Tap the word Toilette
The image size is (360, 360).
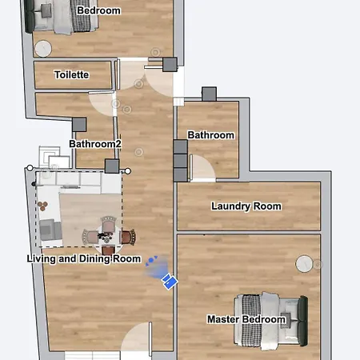coord(71,75)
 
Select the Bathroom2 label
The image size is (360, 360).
coord(95,144)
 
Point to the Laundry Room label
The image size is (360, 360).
coord(246,206)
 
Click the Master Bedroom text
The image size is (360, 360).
coord(246,319)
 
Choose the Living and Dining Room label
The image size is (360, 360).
coord(84,258)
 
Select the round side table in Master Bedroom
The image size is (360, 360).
coord(305,264)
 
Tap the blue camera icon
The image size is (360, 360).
coord(169,281)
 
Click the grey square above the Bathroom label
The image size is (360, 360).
coord(210,94)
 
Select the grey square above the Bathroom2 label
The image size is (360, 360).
coord(80,124)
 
